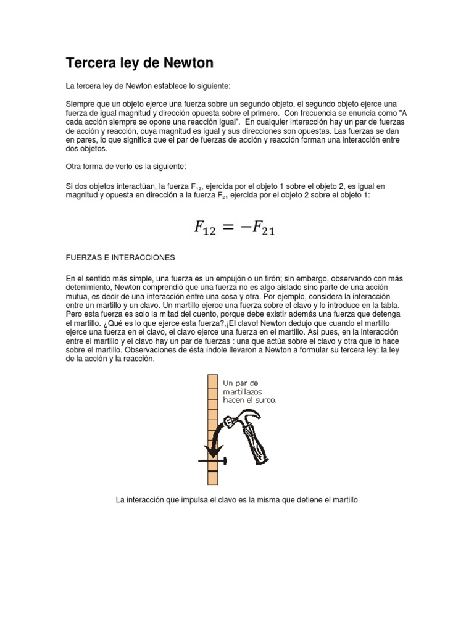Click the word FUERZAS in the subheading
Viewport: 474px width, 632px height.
[85, 257]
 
